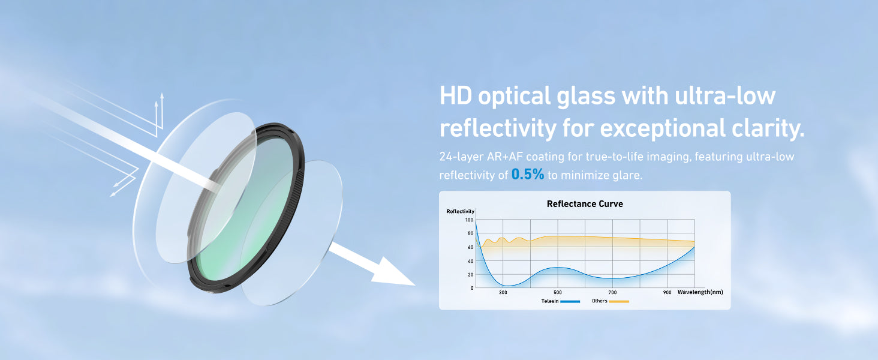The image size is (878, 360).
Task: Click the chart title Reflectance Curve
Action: (585, 204)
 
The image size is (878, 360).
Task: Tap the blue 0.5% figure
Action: (528, 174)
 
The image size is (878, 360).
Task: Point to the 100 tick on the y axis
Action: (469, 220)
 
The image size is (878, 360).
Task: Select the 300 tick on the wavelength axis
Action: (503, 293)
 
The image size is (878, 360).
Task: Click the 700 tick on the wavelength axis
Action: (612, 293)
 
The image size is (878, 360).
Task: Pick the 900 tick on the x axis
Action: (667, 293)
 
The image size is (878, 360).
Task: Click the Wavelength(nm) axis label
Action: (700, 292)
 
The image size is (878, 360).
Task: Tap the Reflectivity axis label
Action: (460, 211)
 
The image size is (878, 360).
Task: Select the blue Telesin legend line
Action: (570, 302)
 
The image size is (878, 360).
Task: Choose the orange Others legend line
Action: (619, 302)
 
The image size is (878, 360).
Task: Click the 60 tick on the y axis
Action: (470, 247)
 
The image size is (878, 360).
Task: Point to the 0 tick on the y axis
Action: (472, 288)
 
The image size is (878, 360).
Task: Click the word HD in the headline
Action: (455, 95)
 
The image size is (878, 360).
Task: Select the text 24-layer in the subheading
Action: (461, 157)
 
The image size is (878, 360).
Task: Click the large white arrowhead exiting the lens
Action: (393, 272)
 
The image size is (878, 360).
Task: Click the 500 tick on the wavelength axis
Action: (557, 293)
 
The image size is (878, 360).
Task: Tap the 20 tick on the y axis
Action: (470, 275)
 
